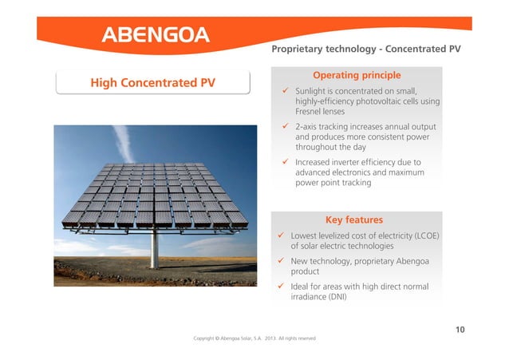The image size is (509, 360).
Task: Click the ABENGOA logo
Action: (155, 34)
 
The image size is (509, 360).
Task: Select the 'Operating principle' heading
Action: (356, 75)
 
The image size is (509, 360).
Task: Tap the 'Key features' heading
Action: (355, 220)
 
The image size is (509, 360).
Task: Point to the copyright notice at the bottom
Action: (254, 338)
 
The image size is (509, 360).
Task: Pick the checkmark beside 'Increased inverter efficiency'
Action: (286, 161)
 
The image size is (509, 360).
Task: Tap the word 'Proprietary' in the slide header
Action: (300, 49)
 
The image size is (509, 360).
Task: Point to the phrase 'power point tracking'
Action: (333, 183)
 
